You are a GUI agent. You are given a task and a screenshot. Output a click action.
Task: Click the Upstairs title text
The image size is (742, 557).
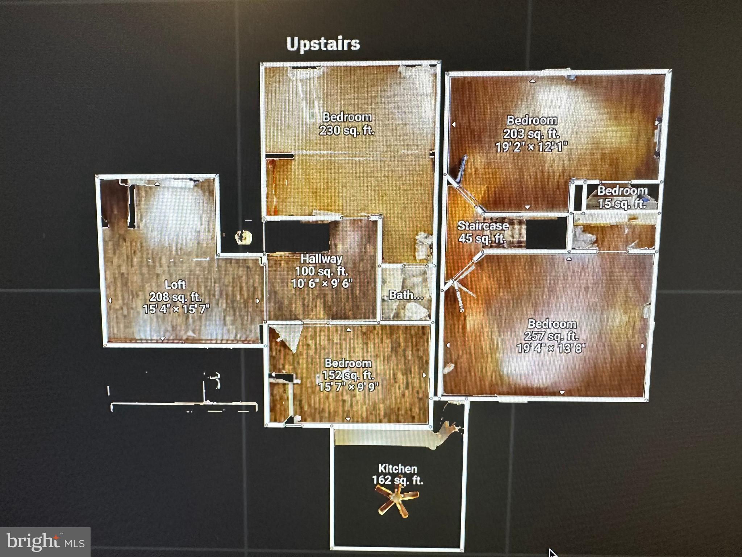323,44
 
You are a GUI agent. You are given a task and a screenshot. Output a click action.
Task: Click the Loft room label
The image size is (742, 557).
175,284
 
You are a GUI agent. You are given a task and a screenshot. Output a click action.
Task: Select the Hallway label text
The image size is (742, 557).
321,259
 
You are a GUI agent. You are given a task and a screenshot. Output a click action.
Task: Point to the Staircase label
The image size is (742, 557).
483,226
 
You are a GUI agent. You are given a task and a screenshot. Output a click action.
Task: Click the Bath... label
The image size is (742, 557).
406,295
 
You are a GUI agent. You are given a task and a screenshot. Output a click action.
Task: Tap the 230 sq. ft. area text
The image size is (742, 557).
347,130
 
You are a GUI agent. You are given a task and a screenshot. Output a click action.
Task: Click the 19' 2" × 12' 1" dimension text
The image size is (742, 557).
532,147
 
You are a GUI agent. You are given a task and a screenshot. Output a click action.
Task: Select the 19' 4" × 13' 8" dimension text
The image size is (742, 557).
551,348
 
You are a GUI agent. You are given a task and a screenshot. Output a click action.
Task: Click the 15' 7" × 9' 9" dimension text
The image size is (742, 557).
348,387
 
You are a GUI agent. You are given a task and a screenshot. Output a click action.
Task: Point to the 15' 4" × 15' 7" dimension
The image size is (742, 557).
176,309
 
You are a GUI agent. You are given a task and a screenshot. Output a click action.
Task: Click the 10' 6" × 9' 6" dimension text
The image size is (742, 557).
322,283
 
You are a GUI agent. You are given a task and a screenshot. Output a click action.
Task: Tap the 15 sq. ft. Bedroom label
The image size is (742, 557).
622,197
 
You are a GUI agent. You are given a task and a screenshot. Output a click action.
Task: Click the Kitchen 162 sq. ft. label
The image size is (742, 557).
397,474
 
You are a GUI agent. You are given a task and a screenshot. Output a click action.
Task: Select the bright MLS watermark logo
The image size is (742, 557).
45,542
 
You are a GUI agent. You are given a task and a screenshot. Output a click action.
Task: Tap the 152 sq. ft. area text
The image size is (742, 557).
348,375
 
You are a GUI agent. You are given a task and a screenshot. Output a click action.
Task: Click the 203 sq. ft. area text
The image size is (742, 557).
532,133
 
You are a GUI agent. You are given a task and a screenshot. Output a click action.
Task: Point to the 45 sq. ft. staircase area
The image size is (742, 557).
482,239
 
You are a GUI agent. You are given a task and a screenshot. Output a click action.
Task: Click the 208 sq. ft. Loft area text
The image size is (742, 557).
175,297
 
